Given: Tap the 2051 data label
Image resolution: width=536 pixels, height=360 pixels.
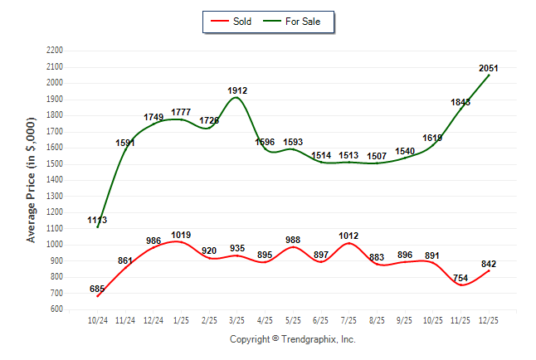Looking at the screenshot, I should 489,68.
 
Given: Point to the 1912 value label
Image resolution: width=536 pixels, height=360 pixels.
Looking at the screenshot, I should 237,90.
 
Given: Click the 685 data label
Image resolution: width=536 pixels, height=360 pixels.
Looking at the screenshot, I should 98,289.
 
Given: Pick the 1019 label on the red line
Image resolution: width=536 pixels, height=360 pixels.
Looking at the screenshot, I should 182,235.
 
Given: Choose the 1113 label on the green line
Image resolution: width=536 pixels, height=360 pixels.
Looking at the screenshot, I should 97,221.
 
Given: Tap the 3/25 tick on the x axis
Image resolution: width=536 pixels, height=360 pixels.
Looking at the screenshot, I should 237,319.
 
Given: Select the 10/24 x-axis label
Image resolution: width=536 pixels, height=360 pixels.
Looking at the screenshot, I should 98,319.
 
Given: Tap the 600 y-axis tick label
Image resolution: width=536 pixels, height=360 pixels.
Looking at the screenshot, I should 59,309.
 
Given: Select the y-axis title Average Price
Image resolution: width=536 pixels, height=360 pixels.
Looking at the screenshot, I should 32,179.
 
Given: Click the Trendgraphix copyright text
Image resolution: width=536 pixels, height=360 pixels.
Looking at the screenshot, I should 292,339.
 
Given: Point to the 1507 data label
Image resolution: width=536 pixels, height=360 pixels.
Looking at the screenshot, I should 377,156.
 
